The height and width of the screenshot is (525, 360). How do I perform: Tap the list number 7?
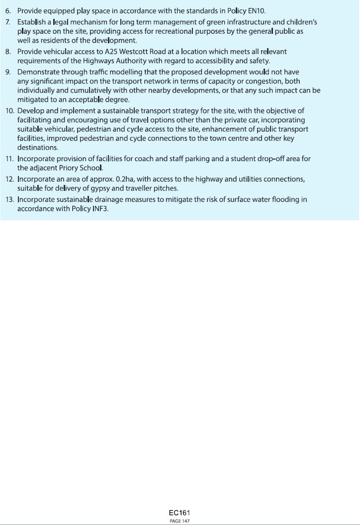[x=7, y=22]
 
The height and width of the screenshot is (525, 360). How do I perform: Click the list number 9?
[x=7, y=72]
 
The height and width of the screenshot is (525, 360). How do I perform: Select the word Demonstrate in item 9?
[x=37, y=72]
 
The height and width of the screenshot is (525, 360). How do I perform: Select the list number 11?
[x=9, y=159]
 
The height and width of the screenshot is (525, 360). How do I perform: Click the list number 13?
[x=9, y=199]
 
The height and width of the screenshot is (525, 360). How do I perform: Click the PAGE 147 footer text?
[x=180, y=521]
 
